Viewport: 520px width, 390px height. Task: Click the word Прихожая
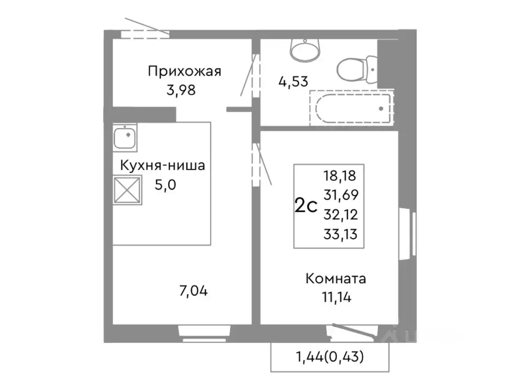[185, 71]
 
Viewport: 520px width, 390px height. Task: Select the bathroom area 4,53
[293, 81]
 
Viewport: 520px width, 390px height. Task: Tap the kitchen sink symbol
[124, 137]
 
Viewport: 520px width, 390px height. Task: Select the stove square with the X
[127, 189]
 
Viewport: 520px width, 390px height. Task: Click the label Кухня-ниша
[162, 166]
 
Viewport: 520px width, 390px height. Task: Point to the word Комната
[336, 279]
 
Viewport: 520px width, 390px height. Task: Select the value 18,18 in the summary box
[340, 176]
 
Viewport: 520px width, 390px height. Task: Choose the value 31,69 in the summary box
[340, 195]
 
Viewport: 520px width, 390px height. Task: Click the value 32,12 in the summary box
[340, 214]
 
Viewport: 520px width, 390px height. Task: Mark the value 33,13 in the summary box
[340, 234]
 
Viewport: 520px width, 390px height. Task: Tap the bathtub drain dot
[381, 108]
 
